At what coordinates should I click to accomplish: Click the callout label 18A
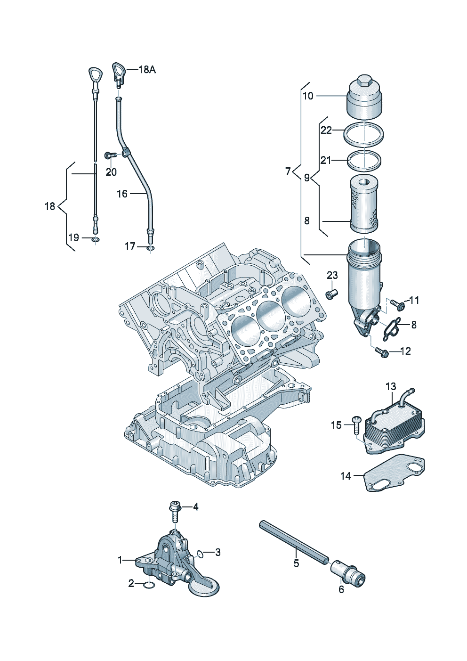(x=146, y=70)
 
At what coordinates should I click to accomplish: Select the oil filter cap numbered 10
(x=364, y=99)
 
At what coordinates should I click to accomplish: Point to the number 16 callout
(x=122, y=194)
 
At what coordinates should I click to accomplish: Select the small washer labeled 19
(x=96, y=240)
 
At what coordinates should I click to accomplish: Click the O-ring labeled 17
(x=151, y=247)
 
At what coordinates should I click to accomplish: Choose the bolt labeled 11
(x=399, y=305)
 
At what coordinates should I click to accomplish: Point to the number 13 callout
(x=391, y=387)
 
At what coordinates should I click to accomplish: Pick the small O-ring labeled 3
(x=200, y=553)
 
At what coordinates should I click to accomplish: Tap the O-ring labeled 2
(x=149, y=585)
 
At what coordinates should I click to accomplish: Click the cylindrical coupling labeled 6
(x=349, y=572)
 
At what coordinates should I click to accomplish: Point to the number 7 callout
(x=288, y=171)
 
